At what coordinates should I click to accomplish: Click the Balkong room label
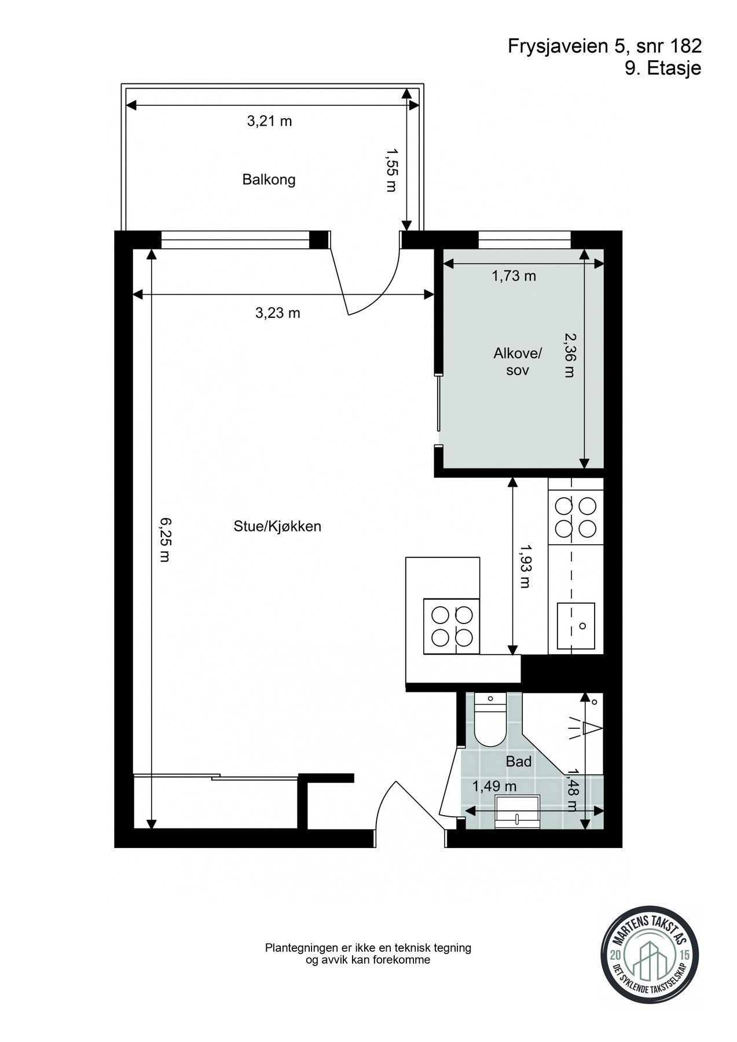pyautogui.click(x=269, y=179)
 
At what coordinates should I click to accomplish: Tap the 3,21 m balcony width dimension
pyautogui.click(x=269, y=121)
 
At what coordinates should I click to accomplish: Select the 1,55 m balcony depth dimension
pyautogui.click(x=392, y=169)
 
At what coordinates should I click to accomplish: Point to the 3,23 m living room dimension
pyautogui.click(x=277, y=313)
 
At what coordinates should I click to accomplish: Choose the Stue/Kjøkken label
pyautogui.click(x=277, y=526)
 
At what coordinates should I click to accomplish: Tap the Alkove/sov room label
pyautogui.click(x=518, y=361)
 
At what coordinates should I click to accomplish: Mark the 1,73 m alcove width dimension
pyautogui.click(x=514, y=276)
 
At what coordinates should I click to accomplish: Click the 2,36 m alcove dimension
pyautogui.click(x=570, y=354)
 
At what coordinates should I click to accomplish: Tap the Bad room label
pyautogui.click(x=518, y=762)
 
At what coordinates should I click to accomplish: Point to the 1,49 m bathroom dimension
pyautogui.click(x=494, y=786)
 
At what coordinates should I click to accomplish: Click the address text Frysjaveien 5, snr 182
pyautogui.click(x=604, y=46)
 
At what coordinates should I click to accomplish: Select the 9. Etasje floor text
pyautogui.click(x=662, y=68)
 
